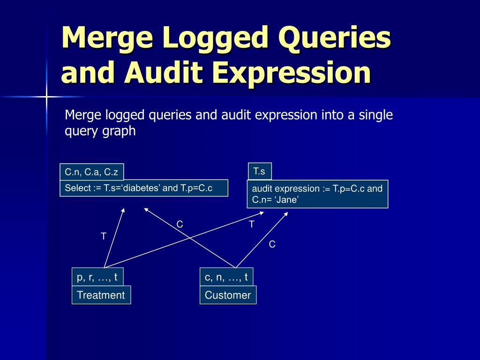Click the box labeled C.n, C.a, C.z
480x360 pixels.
(x=92, y=172)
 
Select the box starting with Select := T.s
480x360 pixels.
(x=144, y=188)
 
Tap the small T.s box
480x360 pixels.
(x=259, y=171)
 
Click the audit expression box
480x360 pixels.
(x=317, y=194)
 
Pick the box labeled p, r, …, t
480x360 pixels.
(x=97, y=277)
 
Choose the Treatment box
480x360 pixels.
(x=101, y=295)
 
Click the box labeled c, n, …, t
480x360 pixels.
(x=226, y=277)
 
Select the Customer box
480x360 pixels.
(x=228, y=295)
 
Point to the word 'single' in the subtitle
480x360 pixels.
(x=375, y=115)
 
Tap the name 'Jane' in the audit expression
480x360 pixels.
(x=288, y=200)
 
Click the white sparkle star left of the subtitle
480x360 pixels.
(x=46, y=97)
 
